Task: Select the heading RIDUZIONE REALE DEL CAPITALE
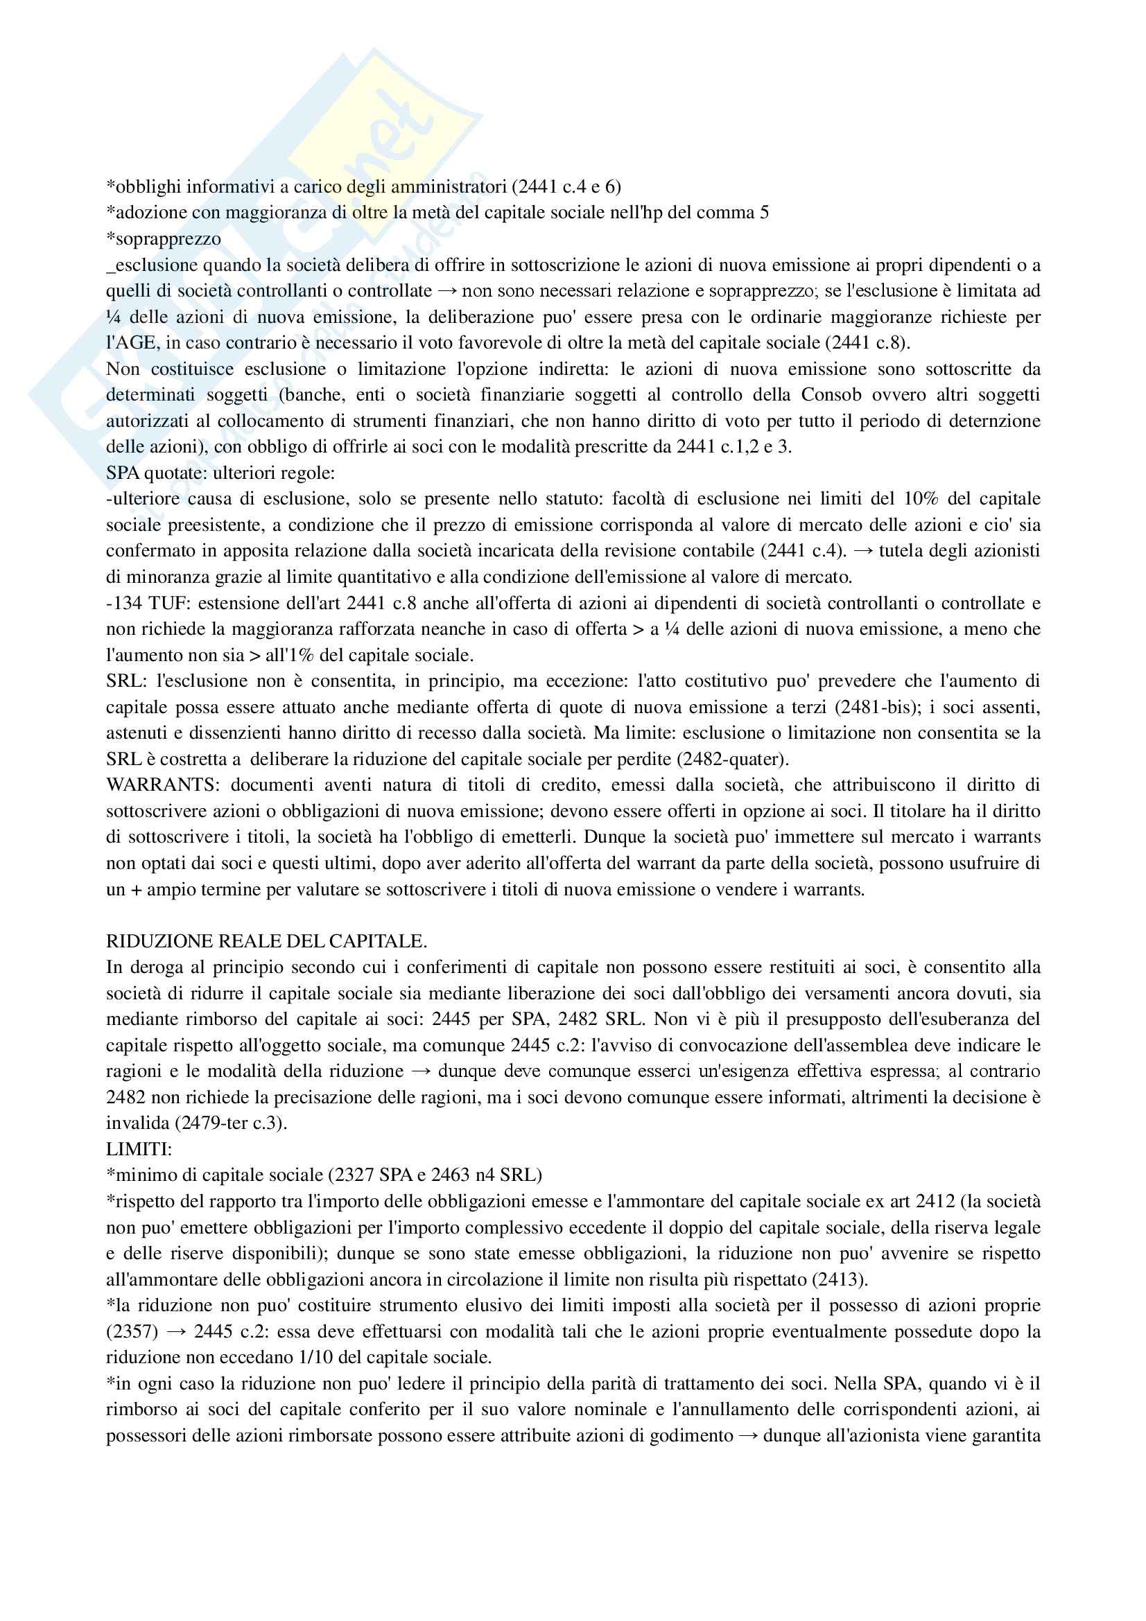[266, 941]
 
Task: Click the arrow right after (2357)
[173, 1332]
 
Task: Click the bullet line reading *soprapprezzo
[163, 238]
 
